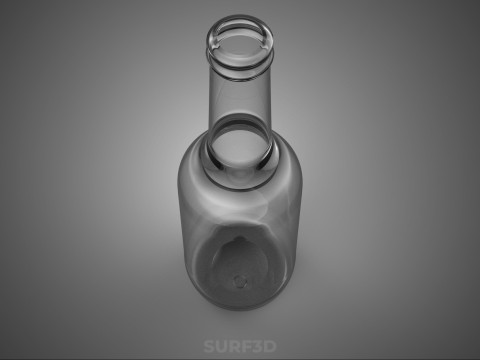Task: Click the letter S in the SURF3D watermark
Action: coord(209,346)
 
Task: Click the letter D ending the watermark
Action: coord(270,346)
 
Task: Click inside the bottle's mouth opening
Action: coord(239,45)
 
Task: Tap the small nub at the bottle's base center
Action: coord(240,282)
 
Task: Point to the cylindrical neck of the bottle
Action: coord(239,93)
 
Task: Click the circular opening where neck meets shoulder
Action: coord(239,148)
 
